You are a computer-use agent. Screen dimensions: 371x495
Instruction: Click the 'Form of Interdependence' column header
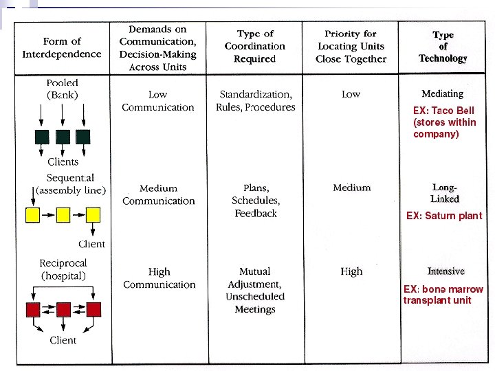pos(62,47)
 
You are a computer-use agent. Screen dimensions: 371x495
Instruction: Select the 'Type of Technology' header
pos(443,47)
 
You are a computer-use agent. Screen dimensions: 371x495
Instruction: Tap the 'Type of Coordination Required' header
pos(255,46)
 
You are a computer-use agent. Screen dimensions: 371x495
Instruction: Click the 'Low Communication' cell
pos(158,101)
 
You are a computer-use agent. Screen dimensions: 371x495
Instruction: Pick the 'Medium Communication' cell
pos(159,194)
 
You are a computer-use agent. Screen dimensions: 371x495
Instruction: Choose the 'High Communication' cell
pos(159,278)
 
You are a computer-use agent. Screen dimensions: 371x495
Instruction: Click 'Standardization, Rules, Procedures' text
pos(256,101)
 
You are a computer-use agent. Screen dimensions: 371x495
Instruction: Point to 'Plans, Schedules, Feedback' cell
pos(255,201)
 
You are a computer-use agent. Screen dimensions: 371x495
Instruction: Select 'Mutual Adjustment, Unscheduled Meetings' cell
pos(255,290)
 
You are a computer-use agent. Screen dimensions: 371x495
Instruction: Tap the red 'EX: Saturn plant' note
pos(444,216)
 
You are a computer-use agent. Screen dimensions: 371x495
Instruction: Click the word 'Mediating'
pos(443,93)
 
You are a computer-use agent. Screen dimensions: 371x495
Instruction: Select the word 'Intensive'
pos(446,271)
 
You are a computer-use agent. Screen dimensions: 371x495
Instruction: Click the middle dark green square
pos(63,136)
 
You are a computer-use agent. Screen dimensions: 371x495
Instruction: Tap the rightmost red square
pos(93,309)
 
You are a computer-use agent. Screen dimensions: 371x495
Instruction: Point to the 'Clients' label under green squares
pos(63,162)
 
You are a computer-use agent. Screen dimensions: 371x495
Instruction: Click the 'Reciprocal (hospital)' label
pos(63,270)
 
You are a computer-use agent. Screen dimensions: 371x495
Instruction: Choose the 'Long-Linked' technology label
pos(445,193)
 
